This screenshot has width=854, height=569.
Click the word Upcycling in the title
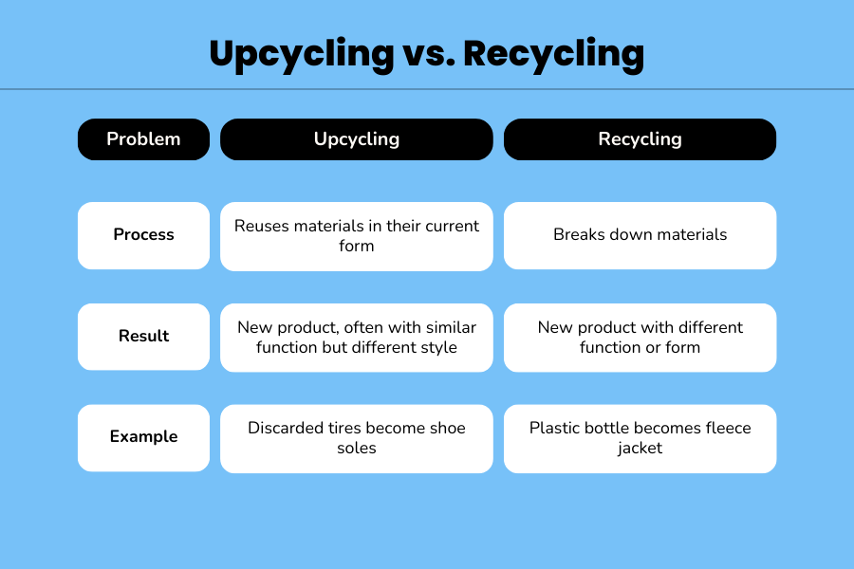[302, 54]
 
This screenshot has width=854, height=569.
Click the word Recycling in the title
[554, 54]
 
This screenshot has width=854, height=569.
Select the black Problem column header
[144, 139]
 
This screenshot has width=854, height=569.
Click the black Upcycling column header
[357, 139]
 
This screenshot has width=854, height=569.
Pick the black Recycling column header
[640, 139]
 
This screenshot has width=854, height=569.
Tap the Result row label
[144, 337]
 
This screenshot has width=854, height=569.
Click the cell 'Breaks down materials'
[640, 236]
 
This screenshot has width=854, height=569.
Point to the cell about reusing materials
[357, 236]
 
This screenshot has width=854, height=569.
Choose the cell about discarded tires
[357, 438]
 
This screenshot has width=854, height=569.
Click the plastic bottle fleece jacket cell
[640, 438]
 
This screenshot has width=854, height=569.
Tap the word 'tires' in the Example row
[343, 428]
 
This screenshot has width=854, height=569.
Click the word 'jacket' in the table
[640, 449]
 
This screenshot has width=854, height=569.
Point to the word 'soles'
[357, 449]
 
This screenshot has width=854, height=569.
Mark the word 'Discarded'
[286, 428]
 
